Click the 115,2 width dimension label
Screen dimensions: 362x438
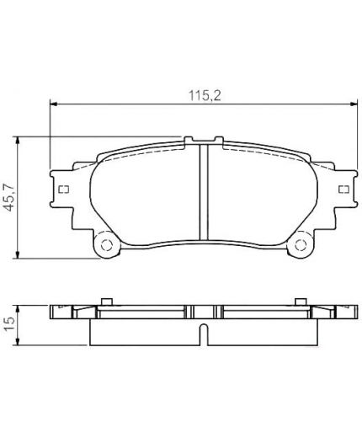click(205, 95)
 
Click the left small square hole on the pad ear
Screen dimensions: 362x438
click(64, 190)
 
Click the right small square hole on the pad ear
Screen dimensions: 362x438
click(343, 190)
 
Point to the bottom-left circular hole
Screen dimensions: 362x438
click(106, 245)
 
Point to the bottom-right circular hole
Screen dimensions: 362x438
click(301, 245)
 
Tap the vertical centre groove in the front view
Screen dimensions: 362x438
click(204, 192)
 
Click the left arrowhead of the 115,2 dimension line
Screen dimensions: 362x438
click(53, 104)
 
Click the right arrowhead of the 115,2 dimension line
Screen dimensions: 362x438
click(354, 104)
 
